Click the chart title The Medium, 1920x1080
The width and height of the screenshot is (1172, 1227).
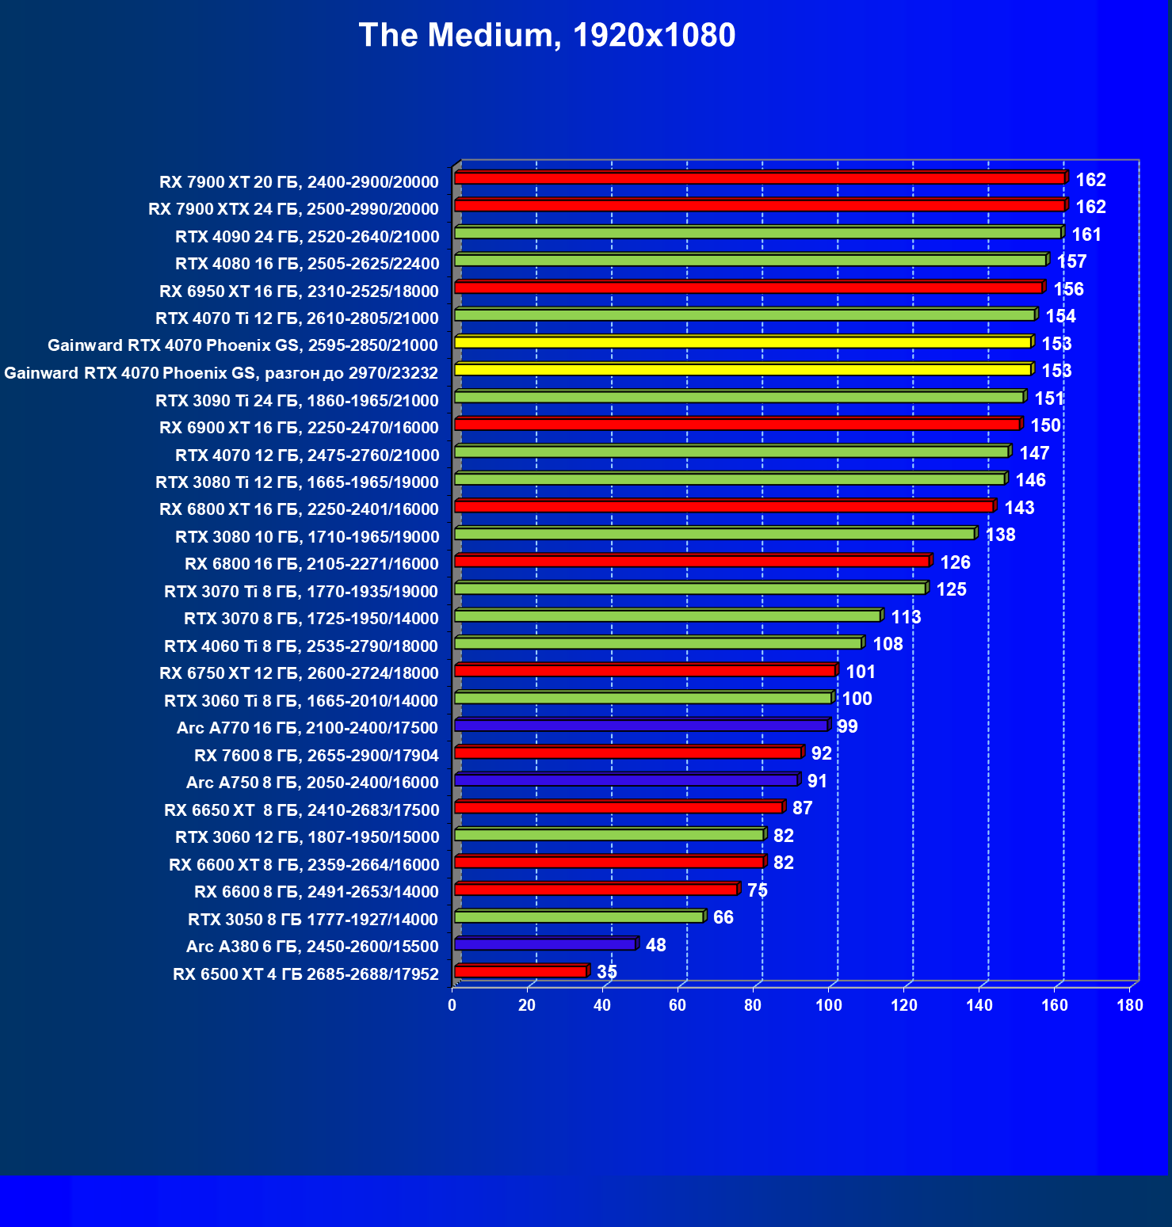click(547, 36)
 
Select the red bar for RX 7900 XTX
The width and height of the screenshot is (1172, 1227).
click(759, 206)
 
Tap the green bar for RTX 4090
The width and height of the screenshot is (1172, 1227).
click(758, 233)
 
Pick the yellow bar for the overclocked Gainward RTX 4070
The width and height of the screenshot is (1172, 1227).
click(743, 370)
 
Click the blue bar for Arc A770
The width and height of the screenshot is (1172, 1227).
click(641, 726)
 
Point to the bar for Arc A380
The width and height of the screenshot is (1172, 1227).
click(545, 944)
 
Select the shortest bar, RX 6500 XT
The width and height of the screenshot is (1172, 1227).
click(521, 972)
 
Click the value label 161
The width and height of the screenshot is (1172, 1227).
click(1086, 234)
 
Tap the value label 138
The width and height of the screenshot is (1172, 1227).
click(1000, 535)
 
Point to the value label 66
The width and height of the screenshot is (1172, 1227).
click(723, 917)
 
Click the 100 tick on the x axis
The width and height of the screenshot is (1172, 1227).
click(829, 1005)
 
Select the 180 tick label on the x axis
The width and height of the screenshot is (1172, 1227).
click(1130, 1005)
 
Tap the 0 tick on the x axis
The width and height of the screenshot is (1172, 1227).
click(452, 1005)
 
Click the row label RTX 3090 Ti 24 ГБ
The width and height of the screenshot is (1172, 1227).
click(297, 401)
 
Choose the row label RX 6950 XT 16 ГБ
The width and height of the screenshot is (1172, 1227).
click(299, 292)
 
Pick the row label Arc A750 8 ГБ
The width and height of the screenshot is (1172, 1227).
click(312, 783)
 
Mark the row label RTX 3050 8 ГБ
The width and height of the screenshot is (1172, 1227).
click(313, 920)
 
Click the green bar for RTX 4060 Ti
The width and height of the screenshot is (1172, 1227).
click(658, 643)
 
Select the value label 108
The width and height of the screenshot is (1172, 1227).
click(888, 644)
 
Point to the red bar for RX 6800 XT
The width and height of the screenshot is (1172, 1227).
click(723, 507)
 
